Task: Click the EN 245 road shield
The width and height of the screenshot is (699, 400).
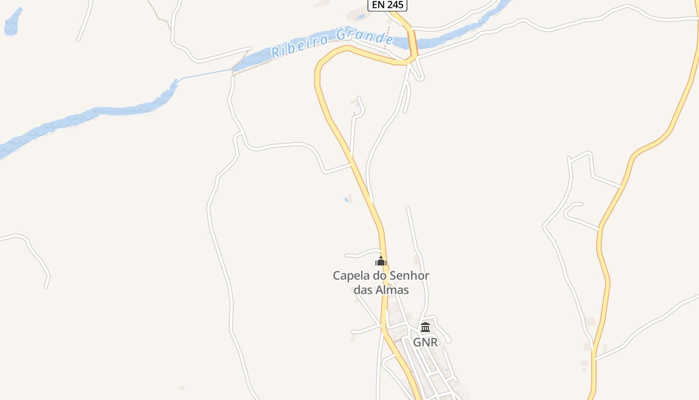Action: [387, 5]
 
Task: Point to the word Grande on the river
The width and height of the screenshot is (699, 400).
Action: [364, 36]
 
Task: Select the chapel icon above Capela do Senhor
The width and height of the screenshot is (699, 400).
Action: [381, 261]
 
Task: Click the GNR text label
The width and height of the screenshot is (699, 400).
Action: [425, 342]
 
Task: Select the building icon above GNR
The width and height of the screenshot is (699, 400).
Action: [425, 327]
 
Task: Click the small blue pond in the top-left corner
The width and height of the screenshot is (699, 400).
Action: [13, 22]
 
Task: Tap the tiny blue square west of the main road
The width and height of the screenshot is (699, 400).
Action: [346, 200]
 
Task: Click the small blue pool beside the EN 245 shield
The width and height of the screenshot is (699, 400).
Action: [361, 16]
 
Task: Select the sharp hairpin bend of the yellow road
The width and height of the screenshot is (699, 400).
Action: [320, 67]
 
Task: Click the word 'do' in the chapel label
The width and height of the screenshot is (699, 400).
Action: [380, 275]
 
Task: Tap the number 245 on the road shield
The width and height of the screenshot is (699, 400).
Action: [395, 5]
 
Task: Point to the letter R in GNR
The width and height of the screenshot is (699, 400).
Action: [433, 342]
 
